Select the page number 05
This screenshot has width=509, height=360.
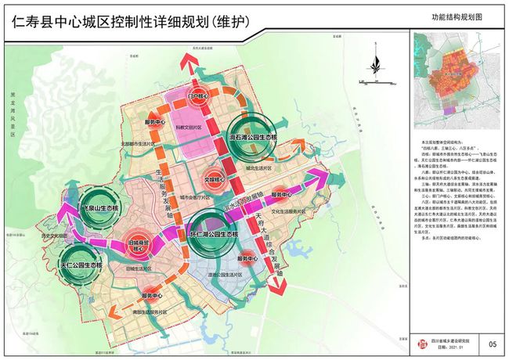[492, 344]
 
